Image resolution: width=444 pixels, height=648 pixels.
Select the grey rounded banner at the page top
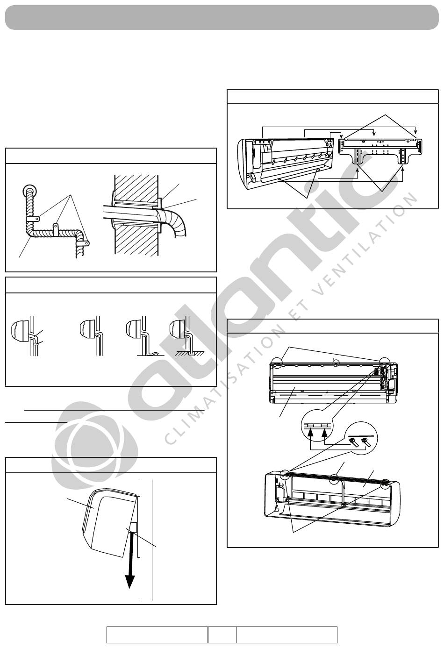[x=222, y=18]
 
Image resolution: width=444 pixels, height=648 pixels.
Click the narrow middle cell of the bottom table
[x=222, y=635]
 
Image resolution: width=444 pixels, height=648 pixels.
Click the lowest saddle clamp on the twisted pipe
[x=85, y=243]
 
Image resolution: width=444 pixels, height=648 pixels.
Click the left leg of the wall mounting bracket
[x=358, y=157]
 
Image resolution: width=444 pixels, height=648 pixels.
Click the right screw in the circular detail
[x=366, y=442]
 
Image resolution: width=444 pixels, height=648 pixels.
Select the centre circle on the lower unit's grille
[x=334, y=479]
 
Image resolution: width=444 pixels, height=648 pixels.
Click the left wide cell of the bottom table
[x=158, y=635]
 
